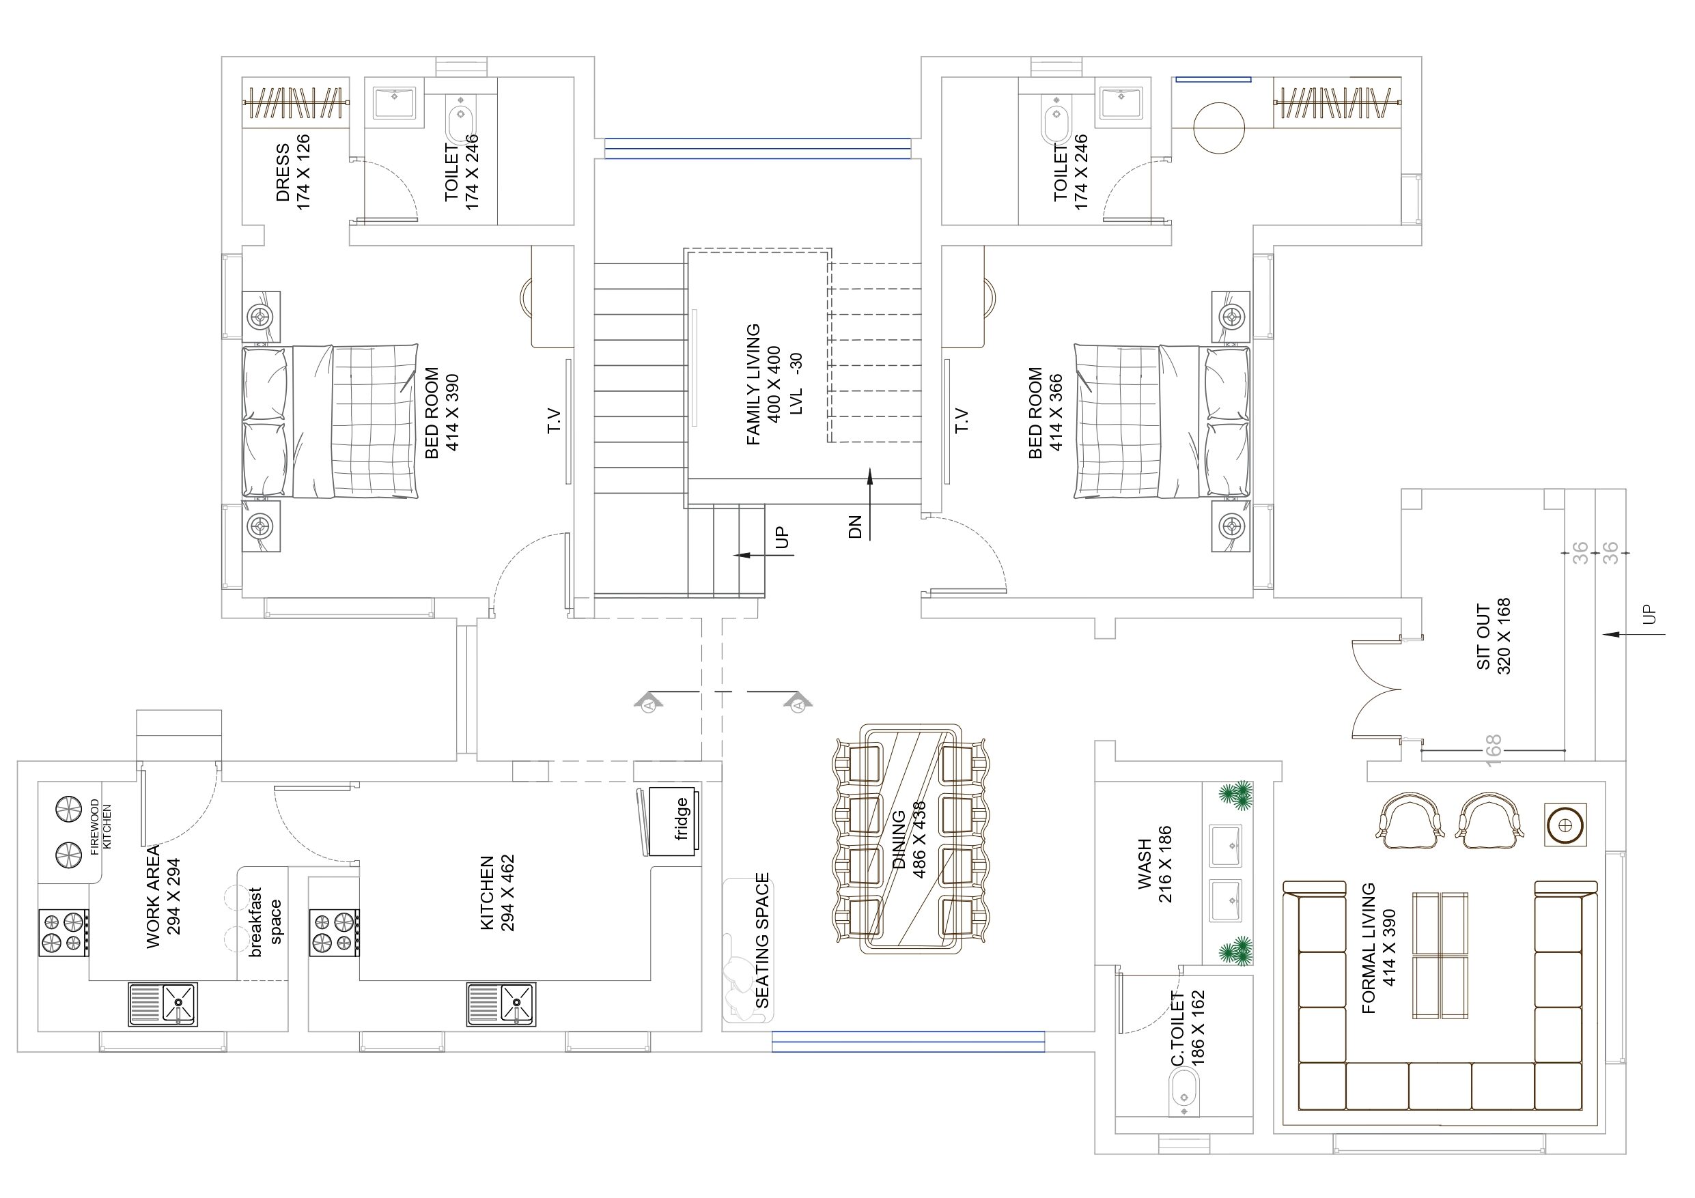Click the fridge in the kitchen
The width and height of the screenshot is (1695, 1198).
pos(672,822)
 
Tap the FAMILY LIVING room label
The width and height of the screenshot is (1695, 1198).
pos(754,384)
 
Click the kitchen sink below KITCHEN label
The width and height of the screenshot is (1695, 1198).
pos(501,1004)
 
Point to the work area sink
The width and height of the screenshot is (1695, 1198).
pos(163,1004)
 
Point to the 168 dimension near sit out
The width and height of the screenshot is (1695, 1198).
pos(1492,751)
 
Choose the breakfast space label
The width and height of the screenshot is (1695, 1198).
pos(266,922)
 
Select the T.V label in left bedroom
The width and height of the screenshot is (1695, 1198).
pos(554,421)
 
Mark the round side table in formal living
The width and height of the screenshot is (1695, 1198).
pos(1565,825)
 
